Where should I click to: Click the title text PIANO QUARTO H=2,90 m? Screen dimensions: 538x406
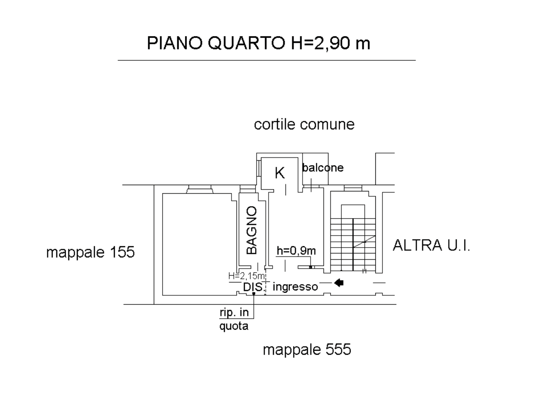pyautogui.click(x=258, y=43)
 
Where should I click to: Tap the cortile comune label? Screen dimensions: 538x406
pyautogui.click(x=304, y=124)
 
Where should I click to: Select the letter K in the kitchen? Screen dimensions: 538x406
pyautogui.click(x=280, y=173)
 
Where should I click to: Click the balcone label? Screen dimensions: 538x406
pyautogui.click(x=323, y=168)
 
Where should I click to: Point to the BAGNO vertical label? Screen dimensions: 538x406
pyautogui.click(x=252, y=230)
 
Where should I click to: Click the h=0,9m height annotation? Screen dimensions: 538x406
pyautogui.click(x=296, y=251)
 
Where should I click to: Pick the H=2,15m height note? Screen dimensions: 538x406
pyautogui.click(x=246, y=276)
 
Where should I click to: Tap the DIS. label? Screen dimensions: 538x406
pyautogui.click(x=253, y=287)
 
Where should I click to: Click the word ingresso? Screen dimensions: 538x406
pyautogui.click(x=295, y=287)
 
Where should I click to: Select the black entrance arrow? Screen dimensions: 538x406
pyautogui.click(x=339, y=283)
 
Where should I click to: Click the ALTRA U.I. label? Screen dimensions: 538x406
pyautogui.click(x=431, y=245)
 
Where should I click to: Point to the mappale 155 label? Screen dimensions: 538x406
pyautogui.click(x=90, y=253)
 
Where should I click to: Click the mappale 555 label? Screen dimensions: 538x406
pyautogui.click(x=307, y=349)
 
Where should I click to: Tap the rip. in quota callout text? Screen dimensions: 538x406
pyautogui.click(x=234, y=319)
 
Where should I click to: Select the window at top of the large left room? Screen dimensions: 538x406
pyautogui.click(x=200, y=189)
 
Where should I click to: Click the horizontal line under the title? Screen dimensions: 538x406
pyautogui.click(x=267, y=60)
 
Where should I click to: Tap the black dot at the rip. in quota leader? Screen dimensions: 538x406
pyautogui.click(x=254, y=293)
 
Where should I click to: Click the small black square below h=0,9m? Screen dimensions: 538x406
pyautogui.click(x=310, y=267)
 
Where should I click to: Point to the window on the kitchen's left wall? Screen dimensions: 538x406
pyautogui.click(x=259, y=168)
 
